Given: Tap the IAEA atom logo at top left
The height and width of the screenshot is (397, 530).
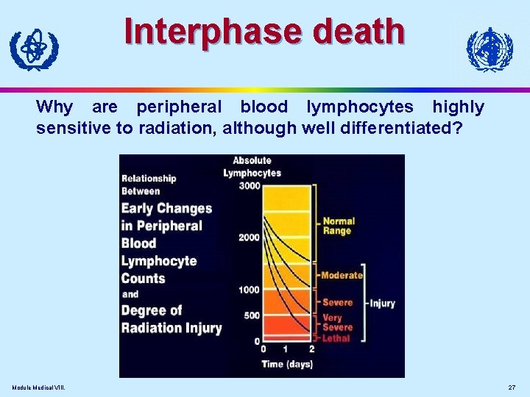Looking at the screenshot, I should coord(33,49).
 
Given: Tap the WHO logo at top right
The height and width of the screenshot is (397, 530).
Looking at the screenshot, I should coord(489,49).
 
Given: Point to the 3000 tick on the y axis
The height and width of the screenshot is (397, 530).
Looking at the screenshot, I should coord(249,186).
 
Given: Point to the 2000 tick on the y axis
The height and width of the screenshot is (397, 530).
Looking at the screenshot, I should coord(249,237).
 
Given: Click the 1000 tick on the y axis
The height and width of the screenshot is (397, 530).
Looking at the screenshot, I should coord(249,290).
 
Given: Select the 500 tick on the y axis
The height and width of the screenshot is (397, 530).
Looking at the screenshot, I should coord(252,315).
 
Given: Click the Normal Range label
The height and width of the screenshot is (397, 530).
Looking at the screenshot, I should coord(339,226).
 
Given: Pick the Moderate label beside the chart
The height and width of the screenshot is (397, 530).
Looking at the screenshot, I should coord(342,275).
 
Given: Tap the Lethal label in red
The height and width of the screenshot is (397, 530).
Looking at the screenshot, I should coord(336,338).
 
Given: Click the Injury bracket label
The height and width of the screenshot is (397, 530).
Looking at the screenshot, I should coord(382,303).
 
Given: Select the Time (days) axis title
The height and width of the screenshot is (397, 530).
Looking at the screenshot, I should coord(287,364).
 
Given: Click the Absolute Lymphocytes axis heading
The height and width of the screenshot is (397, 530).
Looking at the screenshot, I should coord(252,167).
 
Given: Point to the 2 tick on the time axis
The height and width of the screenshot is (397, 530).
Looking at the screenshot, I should coord(311,349).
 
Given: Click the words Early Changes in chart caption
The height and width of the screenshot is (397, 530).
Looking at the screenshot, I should coord(166,209).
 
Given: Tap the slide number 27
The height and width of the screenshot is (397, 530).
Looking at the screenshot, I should coord(512,387).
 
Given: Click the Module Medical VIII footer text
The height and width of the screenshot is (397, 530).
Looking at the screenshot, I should coord(38,387).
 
